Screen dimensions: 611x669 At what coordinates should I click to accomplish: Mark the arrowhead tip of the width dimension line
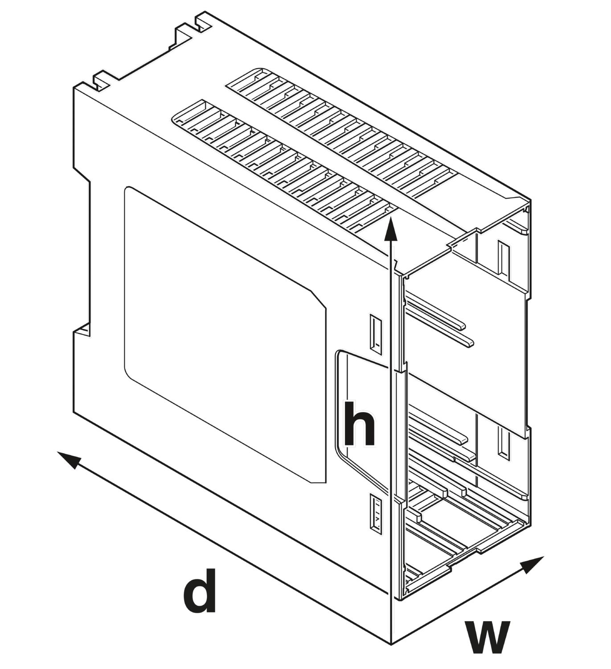(544, 557)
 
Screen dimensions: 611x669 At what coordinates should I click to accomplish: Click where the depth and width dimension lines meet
(391, 643)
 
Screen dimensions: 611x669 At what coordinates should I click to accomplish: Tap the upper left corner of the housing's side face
(74, 88)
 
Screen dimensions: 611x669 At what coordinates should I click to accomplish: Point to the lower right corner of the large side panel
(326, 483)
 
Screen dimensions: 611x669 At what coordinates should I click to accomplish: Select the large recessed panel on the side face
(225, 334)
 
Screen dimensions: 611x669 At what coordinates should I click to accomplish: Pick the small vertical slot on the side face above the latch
(376, 334)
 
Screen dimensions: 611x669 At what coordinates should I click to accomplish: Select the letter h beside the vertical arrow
(359, 424)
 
